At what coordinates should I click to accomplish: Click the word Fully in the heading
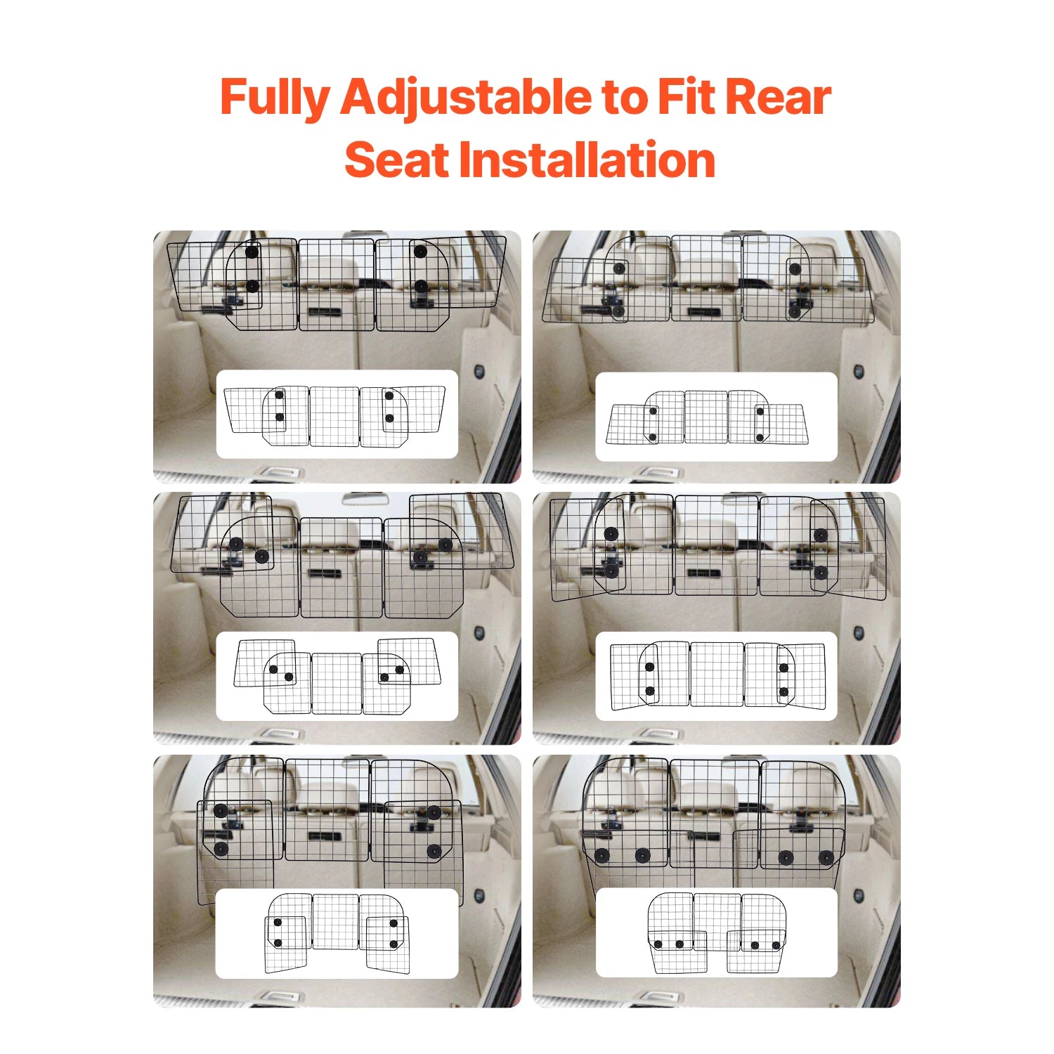point(274,97)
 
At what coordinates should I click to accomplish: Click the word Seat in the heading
point(396,160)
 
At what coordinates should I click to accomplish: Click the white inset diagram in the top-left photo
point(337,415)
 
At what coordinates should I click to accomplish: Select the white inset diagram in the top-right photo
point(716,417)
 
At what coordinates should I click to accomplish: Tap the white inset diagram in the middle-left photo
point(337,676)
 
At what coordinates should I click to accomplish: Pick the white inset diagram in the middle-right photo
point(716,676)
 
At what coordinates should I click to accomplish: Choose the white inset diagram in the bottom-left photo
point(337,933)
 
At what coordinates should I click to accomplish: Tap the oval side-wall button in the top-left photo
point(479,371)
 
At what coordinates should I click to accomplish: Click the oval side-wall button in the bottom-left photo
point(479,896)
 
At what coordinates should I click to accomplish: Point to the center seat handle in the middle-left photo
point(324,573)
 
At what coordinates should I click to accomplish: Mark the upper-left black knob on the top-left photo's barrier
point(252,252)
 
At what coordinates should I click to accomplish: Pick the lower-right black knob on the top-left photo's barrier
point(420,286)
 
